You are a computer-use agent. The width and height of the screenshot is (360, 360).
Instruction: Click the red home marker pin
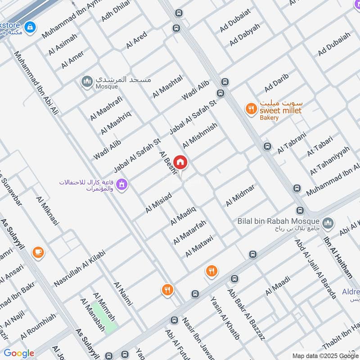[180, 162]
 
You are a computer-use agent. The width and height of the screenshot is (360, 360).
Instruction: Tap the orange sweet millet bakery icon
[251, 108]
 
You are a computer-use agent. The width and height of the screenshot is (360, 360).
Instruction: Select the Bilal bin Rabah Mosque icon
[328, 222]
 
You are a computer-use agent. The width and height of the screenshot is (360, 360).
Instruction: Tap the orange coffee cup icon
[38, 252]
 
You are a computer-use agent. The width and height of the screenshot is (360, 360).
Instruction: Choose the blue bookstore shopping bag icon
[30, 27]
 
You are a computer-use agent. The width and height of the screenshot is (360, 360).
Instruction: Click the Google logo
[19, 353]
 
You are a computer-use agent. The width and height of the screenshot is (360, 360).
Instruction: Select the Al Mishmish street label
[200, 135]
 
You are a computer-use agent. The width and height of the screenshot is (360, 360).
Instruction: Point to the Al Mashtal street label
[167, 86]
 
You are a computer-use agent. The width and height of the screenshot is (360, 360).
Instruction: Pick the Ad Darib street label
[276, 82]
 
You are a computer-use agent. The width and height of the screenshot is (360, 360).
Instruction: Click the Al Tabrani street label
[292, 143]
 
